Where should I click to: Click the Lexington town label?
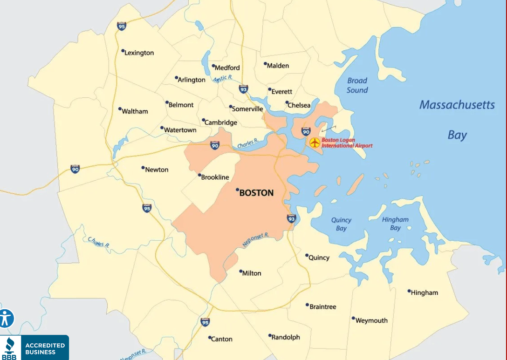[139, 53]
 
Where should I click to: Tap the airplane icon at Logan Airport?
[315, 143]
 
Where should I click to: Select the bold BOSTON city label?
[256, 193]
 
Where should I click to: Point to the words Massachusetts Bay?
[457, 119]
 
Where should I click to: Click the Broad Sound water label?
[357, 85]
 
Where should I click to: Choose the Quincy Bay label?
[341, 224]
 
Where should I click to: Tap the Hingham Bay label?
[395, 224]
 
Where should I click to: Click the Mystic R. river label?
[223, 80]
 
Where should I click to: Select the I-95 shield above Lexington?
[122, 26]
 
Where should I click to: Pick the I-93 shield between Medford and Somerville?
[243, 89]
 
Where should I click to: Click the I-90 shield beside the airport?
[306, 131]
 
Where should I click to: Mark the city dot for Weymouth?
[353, 319]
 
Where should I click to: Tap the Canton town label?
[221, 339]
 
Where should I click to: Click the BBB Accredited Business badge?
[34, 347]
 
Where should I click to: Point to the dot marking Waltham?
[120, 109]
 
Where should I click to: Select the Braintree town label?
[322, 307]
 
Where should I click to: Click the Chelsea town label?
[299, 105]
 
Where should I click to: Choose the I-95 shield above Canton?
[205, 321]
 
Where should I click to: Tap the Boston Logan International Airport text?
[347, 143]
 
